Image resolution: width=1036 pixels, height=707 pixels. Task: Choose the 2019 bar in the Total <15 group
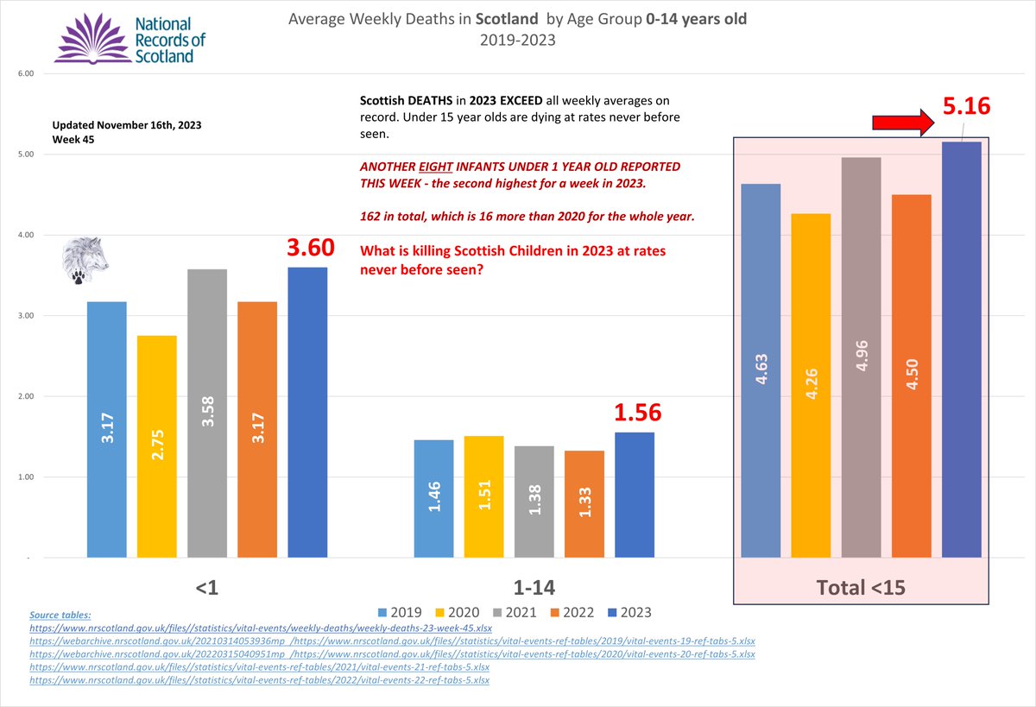[761, 370]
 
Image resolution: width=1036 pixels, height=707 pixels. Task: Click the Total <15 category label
[860, 588]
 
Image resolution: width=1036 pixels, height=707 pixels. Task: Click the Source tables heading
[60, 615]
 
